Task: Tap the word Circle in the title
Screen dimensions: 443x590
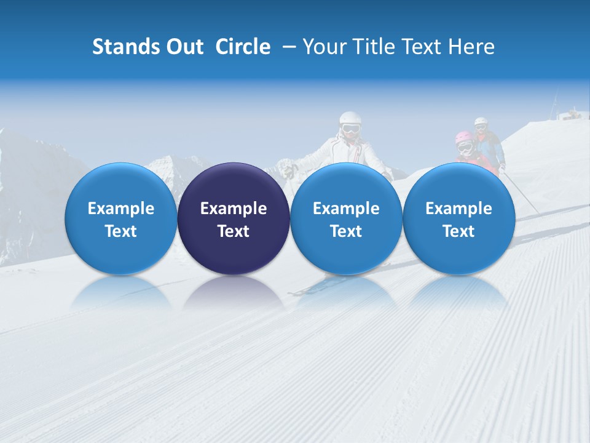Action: [243, 47]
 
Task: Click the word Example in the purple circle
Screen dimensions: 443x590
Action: [234, 209]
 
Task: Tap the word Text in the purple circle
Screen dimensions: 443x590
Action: [234, 231]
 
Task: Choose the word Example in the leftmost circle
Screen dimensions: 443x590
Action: [121, 209]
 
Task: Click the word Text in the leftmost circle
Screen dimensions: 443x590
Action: [121, 231]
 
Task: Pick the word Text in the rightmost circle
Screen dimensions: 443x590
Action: [458, 231]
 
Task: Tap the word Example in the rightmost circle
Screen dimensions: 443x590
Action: [458, 209]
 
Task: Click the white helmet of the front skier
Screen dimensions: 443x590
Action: [350, 118]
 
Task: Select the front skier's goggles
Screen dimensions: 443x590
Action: [350, 129]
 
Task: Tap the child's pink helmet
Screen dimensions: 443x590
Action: [463, 138]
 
